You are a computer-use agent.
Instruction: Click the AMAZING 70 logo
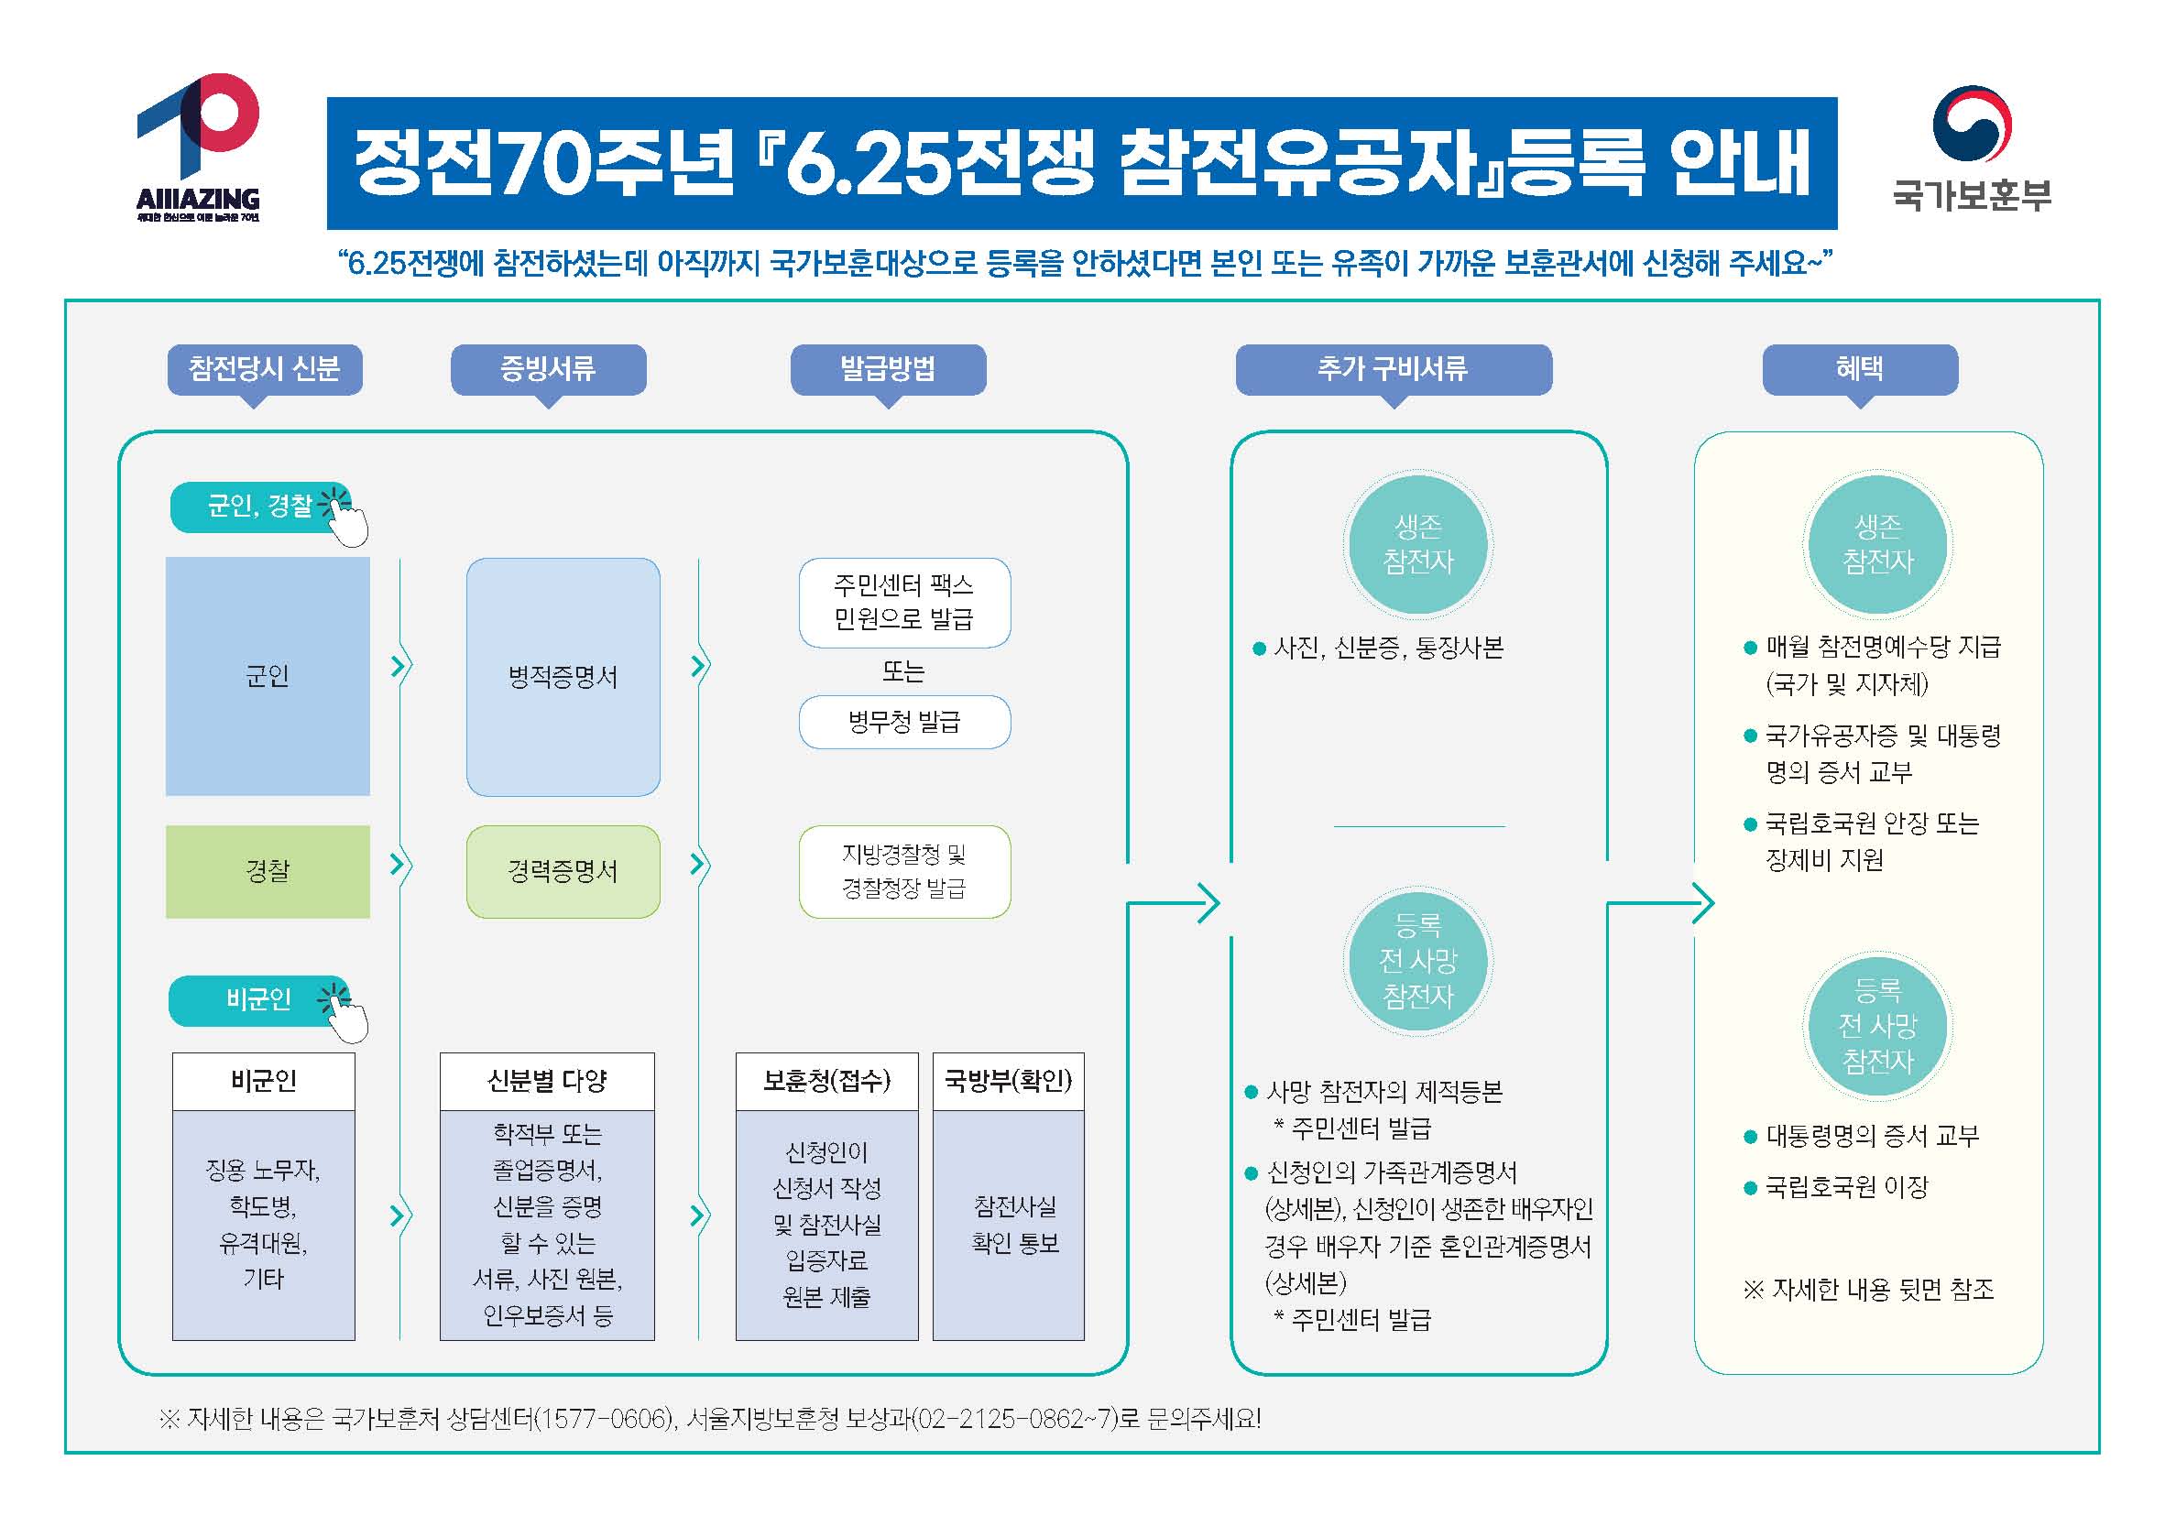point(198,147)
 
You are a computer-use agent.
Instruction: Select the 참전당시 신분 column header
point(264,369)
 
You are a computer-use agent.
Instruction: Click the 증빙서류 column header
point(548,369)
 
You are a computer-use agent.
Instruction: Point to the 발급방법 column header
point(888,369)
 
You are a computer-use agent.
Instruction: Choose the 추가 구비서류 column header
point(1394,369)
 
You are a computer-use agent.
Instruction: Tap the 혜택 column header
point(1860,369)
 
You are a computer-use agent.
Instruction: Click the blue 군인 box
point(268,676)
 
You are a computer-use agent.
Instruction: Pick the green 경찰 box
point(268,872)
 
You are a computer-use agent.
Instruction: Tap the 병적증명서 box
point(563,677)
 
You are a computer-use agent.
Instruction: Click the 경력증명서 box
point(563,872)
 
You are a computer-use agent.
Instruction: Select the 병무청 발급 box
point(904,722)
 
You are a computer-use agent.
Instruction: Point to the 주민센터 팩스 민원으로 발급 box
point(904,603)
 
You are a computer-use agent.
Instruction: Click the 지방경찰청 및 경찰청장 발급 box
point(904,872)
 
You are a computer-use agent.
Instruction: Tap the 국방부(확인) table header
point(1008,1081)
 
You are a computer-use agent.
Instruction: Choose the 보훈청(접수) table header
point(827,1081)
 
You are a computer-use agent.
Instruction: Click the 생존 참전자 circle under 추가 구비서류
point(1417,544)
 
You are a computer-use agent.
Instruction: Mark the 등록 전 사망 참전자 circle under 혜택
point(1878,1026)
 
